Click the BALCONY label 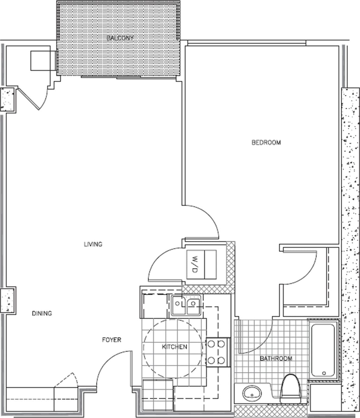click(x=120, y=38)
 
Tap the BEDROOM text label click(x=266, y=142)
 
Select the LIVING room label click(x=93, y=244)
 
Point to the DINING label click(x=42, y=313)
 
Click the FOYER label click(x=112, y=340)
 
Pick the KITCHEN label click(x=175, y=347)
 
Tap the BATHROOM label click(x=276, y=358)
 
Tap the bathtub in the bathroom click(x=324, y=350)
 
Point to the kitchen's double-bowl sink click(x=186, y=306)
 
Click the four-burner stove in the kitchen click(x=216, y=352)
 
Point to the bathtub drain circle click(x=324, y=373)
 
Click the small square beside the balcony click(x=43, y=61)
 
